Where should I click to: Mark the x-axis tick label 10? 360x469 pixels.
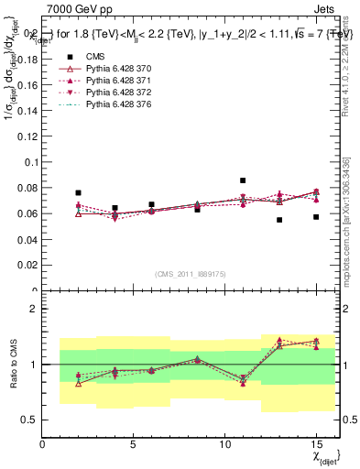point(225,444)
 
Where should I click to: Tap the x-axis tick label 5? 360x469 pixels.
point(134,444)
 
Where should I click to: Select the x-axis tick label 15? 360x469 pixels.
point(316,444)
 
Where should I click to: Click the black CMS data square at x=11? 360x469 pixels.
point(243,180)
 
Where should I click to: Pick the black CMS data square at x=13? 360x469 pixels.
point(279,220)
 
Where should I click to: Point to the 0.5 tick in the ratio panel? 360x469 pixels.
point(28,420)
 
